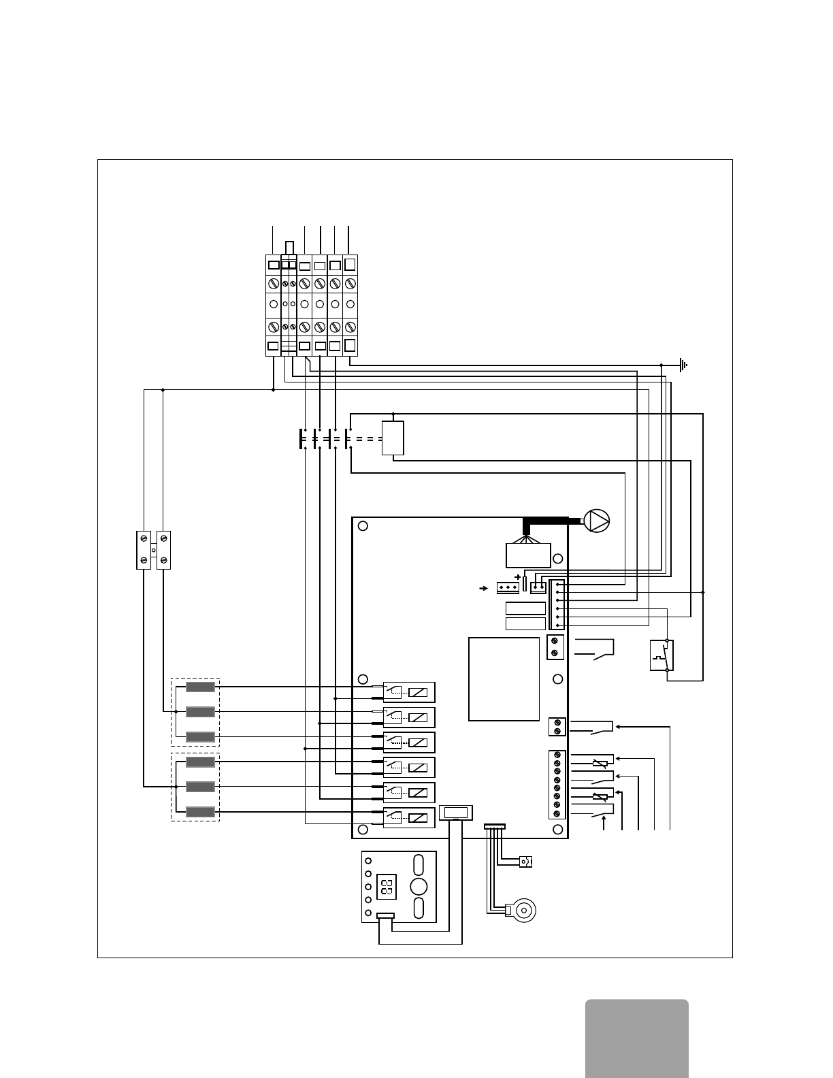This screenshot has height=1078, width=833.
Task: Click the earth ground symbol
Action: click(683, 365)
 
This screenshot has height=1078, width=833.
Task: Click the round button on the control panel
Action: click(419, 886)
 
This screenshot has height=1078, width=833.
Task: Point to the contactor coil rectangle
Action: click(393, 438)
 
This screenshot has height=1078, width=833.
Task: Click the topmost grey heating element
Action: click(200, 687)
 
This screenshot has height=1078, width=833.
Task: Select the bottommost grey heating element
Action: click(200, 811)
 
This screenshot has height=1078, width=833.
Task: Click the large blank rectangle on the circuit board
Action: click(504, 679)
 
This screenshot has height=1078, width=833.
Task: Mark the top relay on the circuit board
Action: click(408, 692)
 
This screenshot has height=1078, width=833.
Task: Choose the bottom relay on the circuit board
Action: click(408, 817)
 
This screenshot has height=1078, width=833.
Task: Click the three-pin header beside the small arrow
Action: click(508, 587)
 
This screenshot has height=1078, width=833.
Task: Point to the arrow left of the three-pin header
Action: click(484, 587)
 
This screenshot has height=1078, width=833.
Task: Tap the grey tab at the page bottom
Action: click(636, 1038)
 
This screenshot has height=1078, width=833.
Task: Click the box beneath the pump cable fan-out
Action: click(528, 555)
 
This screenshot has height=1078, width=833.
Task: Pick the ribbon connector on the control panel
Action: click(385, 916)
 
